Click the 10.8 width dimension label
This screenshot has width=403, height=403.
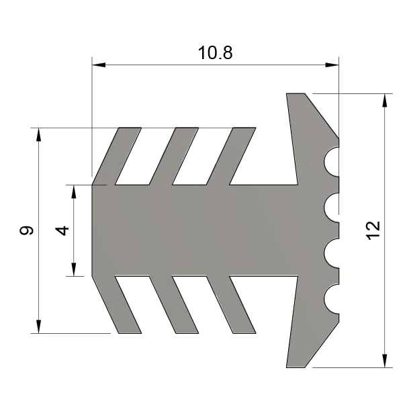click(x=215, y=53)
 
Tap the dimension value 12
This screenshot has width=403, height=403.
click(x=373, y=230)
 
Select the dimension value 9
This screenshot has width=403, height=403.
click(x=26, y=230)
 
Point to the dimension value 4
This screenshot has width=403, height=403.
click(x=62, y=230)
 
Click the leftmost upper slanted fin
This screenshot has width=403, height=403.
click(x=117, y=156)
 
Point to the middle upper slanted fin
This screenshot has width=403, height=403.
click(x=174, y=156)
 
